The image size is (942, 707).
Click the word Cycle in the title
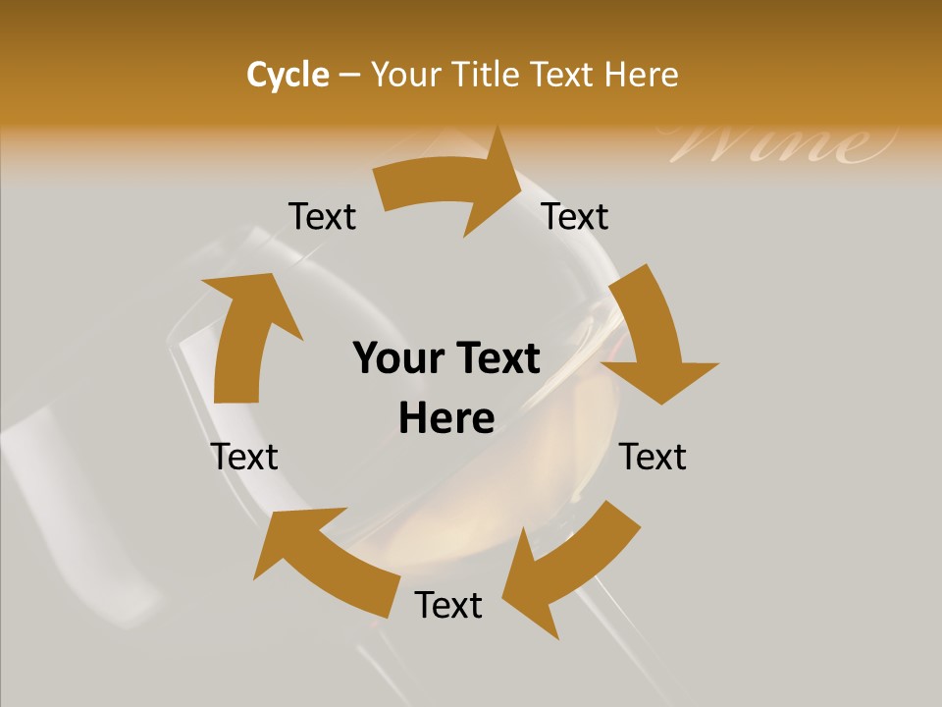point(288,75)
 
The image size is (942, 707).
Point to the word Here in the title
point(641,75)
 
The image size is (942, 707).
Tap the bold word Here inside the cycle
point(446,418)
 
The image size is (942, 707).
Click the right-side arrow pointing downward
point(653,334)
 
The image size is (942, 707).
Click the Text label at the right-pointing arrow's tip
point(575,216)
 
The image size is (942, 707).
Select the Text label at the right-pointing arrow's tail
point(322,216)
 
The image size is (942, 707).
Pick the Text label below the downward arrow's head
point(653,457)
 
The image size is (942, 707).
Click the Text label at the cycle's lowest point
point(448,605)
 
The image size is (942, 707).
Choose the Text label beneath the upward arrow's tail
point(244,457)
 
